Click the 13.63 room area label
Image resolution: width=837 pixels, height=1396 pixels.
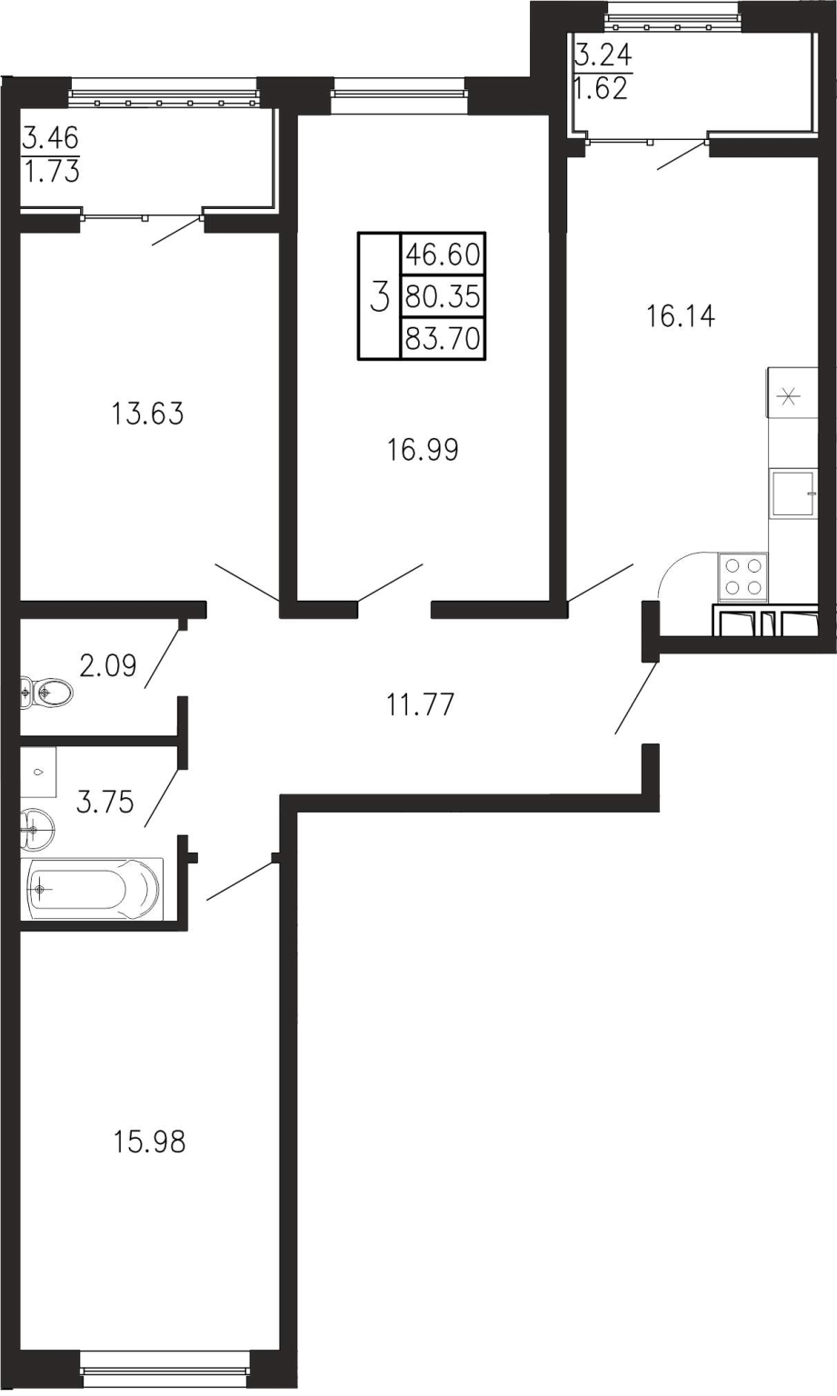148,414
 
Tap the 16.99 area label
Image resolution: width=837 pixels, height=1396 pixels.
423,449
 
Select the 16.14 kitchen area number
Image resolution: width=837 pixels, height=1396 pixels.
680,316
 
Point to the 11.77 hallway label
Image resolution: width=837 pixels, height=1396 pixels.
420,705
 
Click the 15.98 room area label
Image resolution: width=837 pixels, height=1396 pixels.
149,1142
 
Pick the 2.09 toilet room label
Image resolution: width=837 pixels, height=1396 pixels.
107,665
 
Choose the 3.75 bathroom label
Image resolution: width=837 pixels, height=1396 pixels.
105,803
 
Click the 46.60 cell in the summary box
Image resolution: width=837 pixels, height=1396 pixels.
443,254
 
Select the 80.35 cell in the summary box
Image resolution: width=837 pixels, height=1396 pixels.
443,296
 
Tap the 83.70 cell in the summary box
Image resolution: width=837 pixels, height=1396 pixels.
443,339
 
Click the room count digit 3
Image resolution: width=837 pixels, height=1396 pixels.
379,296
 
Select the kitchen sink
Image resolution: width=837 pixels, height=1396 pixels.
793,493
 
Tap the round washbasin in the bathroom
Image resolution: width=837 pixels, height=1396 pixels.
37,829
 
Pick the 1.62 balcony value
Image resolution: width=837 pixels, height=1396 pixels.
600,89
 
